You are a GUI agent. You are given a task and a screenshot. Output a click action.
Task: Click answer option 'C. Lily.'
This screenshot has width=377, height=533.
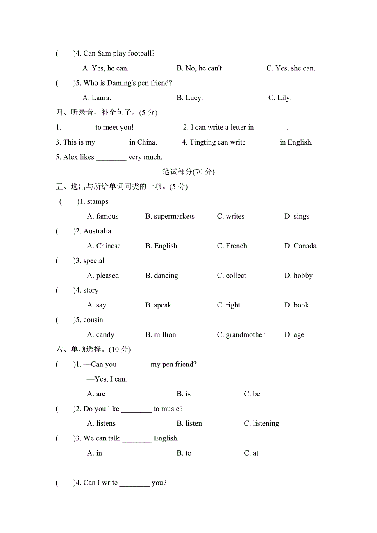280,98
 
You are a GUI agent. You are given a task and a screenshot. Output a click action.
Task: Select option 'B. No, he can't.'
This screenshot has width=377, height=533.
200,68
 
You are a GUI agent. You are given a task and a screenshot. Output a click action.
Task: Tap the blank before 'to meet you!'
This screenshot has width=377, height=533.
78,128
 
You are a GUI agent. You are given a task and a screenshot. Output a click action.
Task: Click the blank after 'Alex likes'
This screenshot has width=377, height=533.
111,157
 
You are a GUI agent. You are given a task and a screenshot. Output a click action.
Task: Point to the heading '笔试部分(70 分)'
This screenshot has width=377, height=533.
188,172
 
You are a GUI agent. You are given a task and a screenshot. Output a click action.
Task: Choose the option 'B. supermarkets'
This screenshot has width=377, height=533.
170,217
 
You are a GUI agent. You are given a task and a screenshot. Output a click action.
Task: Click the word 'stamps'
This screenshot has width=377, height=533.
98,202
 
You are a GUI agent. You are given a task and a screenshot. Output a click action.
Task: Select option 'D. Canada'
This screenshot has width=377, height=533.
300,246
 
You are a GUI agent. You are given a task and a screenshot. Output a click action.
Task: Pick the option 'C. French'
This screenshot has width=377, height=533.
232,246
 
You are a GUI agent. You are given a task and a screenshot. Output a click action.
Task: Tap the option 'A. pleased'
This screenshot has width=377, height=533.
103,276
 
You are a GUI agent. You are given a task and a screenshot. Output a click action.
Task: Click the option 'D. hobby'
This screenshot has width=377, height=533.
298,276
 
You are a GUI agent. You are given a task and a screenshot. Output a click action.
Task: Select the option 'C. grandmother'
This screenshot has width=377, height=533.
241,335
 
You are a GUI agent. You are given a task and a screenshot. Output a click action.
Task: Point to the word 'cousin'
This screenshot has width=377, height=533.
93,320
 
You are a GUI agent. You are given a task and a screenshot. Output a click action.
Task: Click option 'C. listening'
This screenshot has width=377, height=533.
261,424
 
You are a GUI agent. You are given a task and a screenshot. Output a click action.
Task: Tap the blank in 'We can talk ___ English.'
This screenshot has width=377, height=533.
137,439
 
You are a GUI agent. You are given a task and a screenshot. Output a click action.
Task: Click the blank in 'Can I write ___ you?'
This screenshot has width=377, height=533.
135,483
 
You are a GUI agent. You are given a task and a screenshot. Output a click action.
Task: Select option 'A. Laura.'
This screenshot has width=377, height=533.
97,98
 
